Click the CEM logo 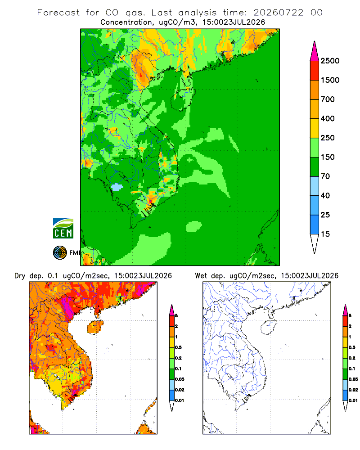point(63,229)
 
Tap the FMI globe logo point(60,253)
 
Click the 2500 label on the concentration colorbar point(330,61)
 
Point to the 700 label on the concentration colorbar point(328,99)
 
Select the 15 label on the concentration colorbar point(325,234)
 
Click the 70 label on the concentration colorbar point(325,176)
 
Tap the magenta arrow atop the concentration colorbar point(315,51)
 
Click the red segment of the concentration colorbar point(315,71)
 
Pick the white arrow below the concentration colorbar point(315,243)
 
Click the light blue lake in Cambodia point(117,187)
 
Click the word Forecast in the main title point(58,13)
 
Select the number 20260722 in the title point(278,13)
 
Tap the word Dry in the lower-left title point(20,276)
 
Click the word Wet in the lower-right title point(201,276)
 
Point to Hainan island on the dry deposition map point(95,327)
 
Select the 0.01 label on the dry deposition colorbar point(180,400)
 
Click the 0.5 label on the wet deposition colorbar point(352,347)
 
